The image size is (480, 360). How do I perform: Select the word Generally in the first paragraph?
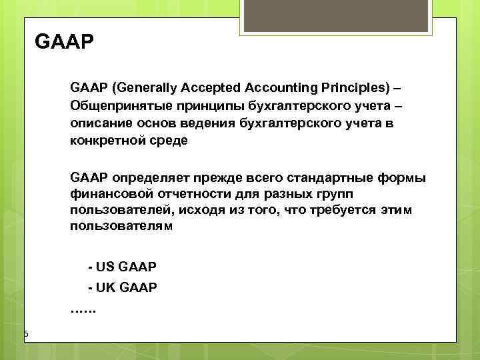pyautogui.click(x=142, y=88)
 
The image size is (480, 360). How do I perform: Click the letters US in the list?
pyautogui.click(x=106, y=267)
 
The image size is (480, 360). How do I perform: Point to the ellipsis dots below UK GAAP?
pyautogui.click(x=83, y=309)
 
